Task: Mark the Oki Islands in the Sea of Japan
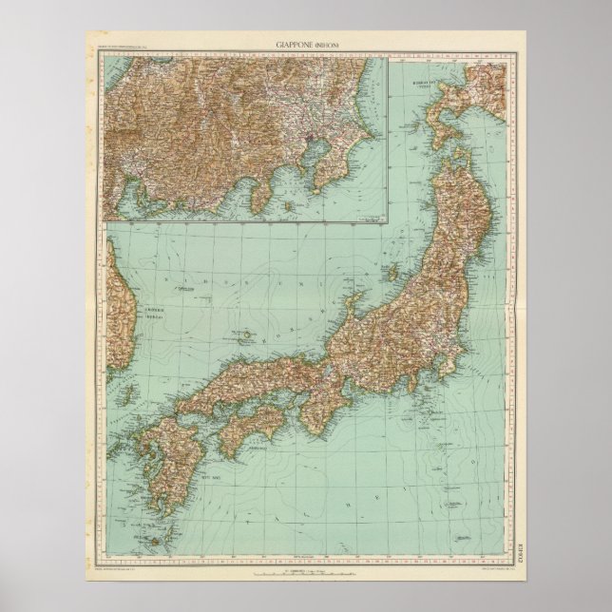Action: click(x=240, y=335)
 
